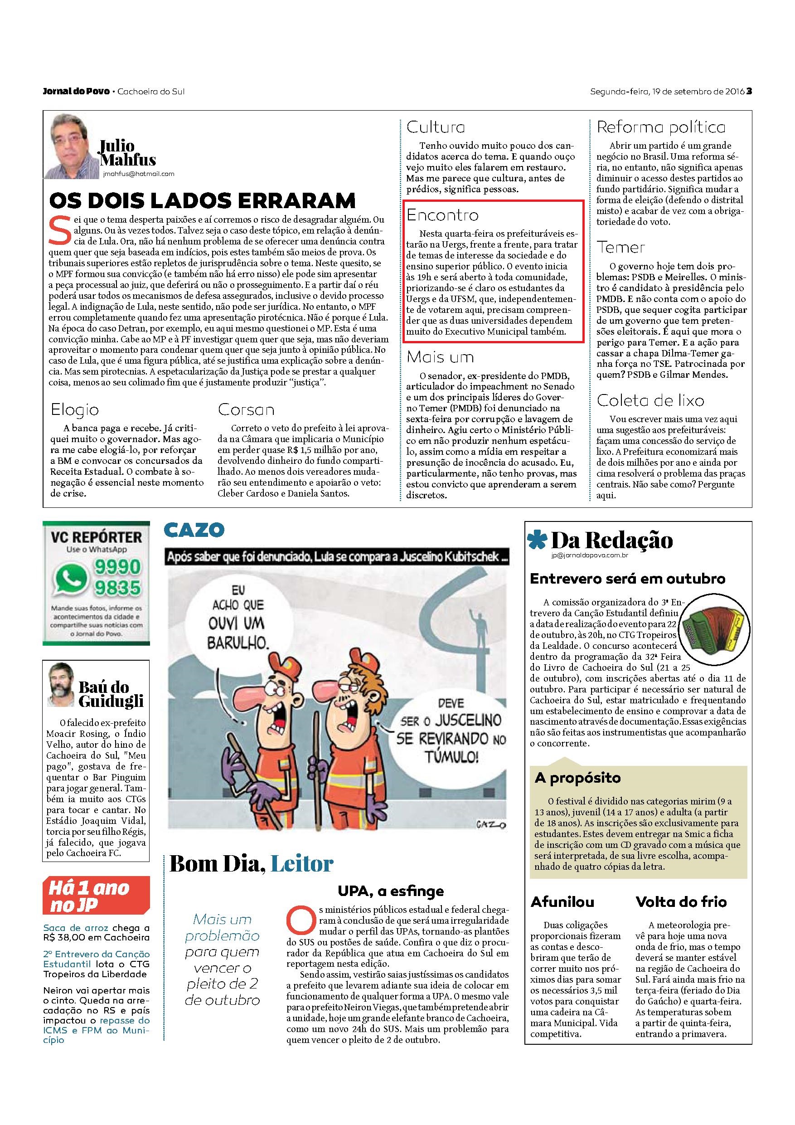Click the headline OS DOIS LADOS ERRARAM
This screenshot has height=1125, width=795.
(202, 201)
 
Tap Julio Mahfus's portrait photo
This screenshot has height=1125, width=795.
(72, 146)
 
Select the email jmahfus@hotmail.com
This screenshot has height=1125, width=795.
(139, 174)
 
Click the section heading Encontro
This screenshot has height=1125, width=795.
(443, 215)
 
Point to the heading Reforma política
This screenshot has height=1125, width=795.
(661, 127)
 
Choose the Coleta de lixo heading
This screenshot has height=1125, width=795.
(650, 400)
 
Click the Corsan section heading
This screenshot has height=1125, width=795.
(246, 409)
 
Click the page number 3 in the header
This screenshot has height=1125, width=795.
(749, 91)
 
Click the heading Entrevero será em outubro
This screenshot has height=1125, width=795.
(627, 579)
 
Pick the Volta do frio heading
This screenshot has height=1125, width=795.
(681, 902)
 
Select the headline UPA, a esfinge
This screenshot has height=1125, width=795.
(390, 891)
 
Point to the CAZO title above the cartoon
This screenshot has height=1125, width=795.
(194, 530)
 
